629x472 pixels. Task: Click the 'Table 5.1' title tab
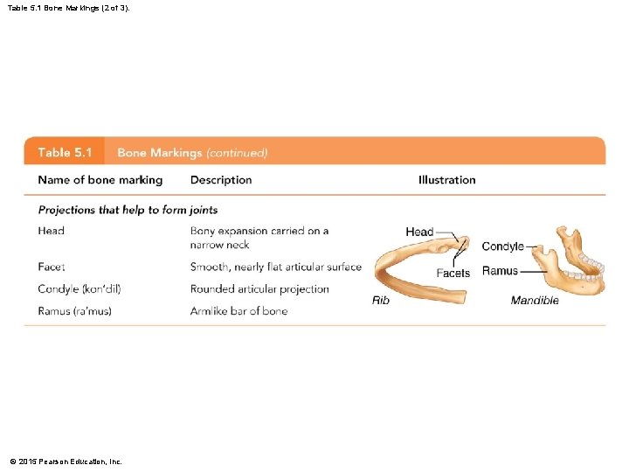tap(66, 152)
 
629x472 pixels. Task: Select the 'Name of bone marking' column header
tap(100, 180)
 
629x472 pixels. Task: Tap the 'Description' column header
tap(221, 180)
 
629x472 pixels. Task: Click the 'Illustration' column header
tap(447, 180)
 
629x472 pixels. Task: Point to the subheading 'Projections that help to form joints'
tap(128, 210)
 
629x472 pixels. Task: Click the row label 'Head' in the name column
tap(52, 231)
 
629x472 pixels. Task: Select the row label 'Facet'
tap(52, 267)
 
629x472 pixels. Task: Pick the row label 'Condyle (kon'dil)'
tap(73, 289)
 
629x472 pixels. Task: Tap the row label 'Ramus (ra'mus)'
tap(74, 311)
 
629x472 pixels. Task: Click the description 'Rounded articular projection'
tap(259, 289)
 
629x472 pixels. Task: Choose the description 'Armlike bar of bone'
tap(238, 311)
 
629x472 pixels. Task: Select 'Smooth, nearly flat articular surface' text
tap(275, 267)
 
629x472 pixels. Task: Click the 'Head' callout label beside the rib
tap(419, 232)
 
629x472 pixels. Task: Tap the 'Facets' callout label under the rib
tap(453, 273)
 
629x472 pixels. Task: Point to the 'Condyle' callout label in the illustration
tap(502, 246)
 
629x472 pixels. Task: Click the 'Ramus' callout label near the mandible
tap(500, 271)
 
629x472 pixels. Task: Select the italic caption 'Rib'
tap(381, 301)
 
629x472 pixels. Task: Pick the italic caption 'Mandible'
tap(535, 301)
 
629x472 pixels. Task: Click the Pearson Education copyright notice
tap(66, 461)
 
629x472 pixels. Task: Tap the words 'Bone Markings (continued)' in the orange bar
tap(192, 153)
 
